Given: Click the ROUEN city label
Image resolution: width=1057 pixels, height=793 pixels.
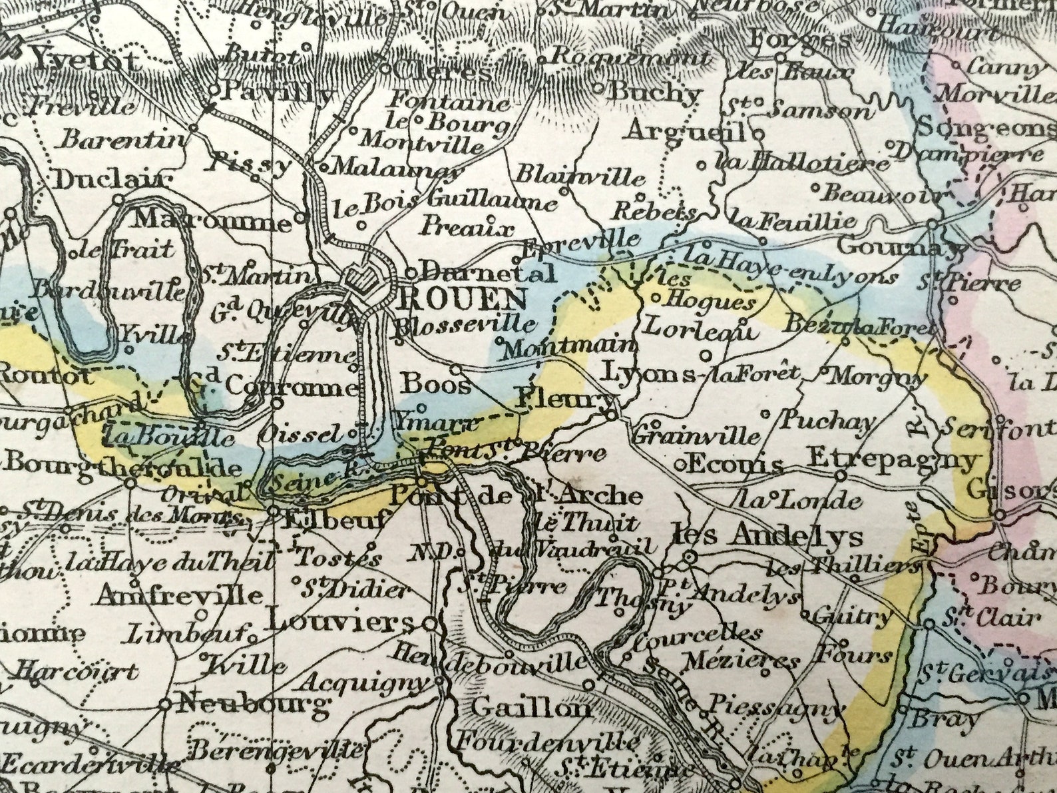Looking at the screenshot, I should click(x=462, y=300).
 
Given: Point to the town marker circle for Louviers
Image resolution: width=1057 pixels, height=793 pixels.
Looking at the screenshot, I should click(x=431, y=625).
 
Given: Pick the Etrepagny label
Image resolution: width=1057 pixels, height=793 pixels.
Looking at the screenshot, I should click(x=894, y=459).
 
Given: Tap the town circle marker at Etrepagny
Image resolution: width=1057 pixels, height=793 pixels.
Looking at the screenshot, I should click(x=841, y=475).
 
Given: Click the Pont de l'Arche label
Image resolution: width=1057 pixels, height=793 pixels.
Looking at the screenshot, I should click(x=516, y=495).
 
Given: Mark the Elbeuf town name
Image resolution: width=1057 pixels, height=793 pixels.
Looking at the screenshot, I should click(x=334, y=519).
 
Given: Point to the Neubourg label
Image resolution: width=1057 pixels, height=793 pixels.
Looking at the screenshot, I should click(x=254, y=703).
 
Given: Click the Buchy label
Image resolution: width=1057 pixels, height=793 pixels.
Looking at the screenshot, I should click(x=656, y=93).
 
